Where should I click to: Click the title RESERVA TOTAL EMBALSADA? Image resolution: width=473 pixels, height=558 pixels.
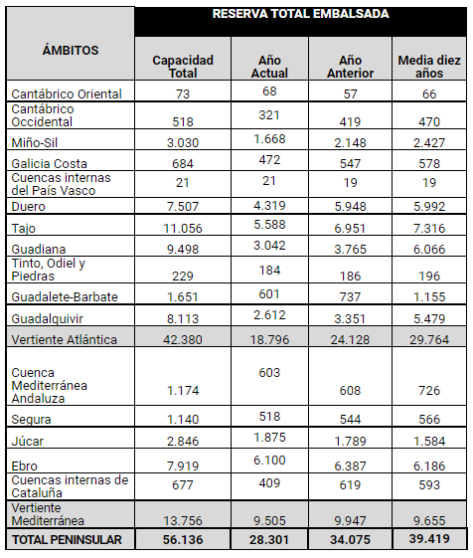[300, 14]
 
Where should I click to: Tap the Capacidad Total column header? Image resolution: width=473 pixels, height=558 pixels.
[183, 67]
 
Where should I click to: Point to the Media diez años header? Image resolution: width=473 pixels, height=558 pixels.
[429, 67]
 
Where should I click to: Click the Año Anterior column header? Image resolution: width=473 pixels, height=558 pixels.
[351, 67]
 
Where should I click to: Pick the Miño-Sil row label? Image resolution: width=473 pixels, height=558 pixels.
[35, 142]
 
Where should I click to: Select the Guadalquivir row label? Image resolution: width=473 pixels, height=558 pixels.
[47, 318]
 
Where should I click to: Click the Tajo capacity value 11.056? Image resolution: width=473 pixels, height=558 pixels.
[183, 228]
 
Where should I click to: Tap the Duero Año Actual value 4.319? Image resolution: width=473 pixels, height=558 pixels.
[269, 206]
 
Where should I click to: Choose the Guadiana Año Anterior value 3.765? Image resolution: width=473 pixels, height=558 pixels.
[351, 249]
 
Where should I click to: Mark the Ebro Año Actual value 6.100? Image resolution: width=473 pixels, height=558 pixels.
[269, 461]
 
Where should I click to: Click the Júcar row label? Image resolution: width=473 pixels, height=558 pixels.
[28, 442]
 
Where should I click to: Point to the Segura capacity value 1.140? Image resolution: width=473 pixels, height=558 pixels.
[183, 419]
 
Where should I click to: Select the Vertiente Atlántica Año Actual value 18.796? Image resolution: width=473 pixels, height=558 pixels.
[269, 339]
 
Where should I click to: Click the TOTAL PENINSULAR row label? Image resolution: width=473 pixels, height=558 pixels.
[67, 540]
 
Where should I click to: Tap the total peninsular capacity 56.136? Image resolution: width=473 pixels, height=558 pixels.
[183, 540]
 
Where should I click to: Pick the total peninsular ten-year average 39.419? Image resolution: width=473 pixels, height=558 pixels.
[429, 539]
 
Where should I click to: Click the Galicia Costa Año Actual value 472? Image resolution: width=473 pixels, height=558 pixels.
[269, 160]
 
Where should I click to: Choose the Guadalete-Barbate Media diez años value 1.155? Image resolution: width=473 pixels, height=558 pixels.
[429, 296]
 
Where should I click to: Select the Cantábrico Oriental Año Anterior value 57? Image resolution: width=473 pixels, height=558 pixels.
[351, 93]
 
